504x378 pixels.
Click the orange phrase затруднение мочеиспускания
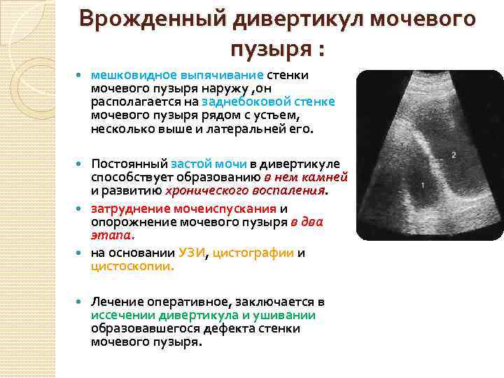184,209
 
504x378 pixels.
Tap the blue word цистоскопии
132,267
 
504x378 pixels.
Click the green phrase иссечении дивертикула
156,315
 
